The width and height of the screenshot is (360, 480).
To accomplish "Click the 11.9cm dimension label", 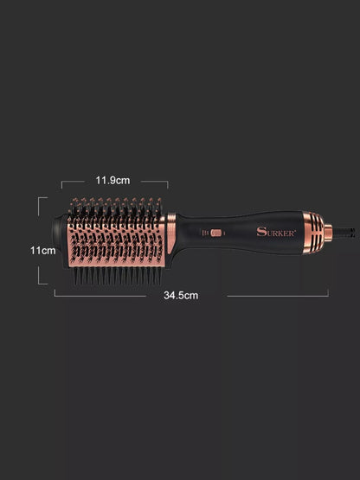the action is point(112,180).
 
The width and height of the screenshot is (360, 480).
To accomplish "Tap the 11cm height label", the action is point(43,251).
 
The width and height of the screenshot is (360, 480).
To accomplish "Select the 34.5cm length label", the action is point(181,296).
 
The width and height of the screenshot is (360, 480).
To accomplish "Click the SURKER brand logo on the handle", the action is point(276,232).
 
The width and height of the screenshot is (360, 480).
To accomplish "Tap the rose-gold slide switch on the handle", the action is point(216,233).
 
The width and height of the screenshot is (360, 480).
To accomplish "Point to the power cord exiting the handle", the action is point(344,232).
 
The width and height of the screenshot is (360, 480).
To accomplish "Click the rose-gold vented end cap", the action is point(313,233).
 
